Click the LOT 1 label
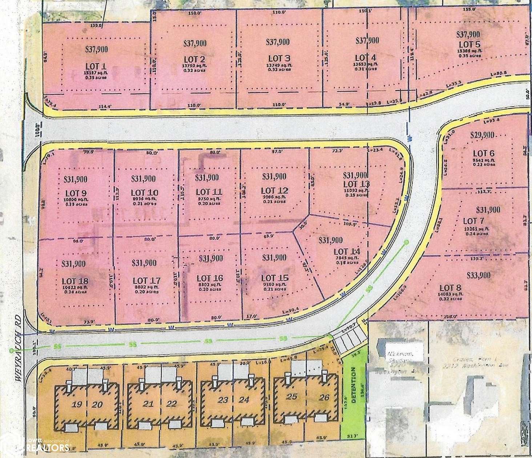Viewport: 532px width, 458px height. (96, 66)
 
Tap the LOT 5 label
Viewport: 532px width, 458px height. (468, 44)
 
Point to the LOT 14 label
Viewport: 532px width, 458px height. (346, 252)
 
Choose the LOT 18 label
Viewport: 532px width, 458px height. (75, 281)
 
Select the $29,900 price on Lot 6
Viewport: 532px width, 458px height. (482, 135)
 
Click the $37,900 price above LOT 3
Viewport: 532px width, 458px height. (278, 42)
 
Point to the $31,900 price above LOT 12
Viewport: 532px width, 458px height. (274, 177)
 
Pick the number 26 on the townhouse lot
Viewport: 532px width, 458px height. (324, 397)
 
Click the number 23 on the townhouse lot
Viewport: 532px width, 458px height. (223, 400)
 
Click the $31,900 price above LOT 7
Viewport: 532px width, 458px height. (488, 210)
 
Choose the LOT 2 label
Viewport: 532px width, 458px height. (194, 59)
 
